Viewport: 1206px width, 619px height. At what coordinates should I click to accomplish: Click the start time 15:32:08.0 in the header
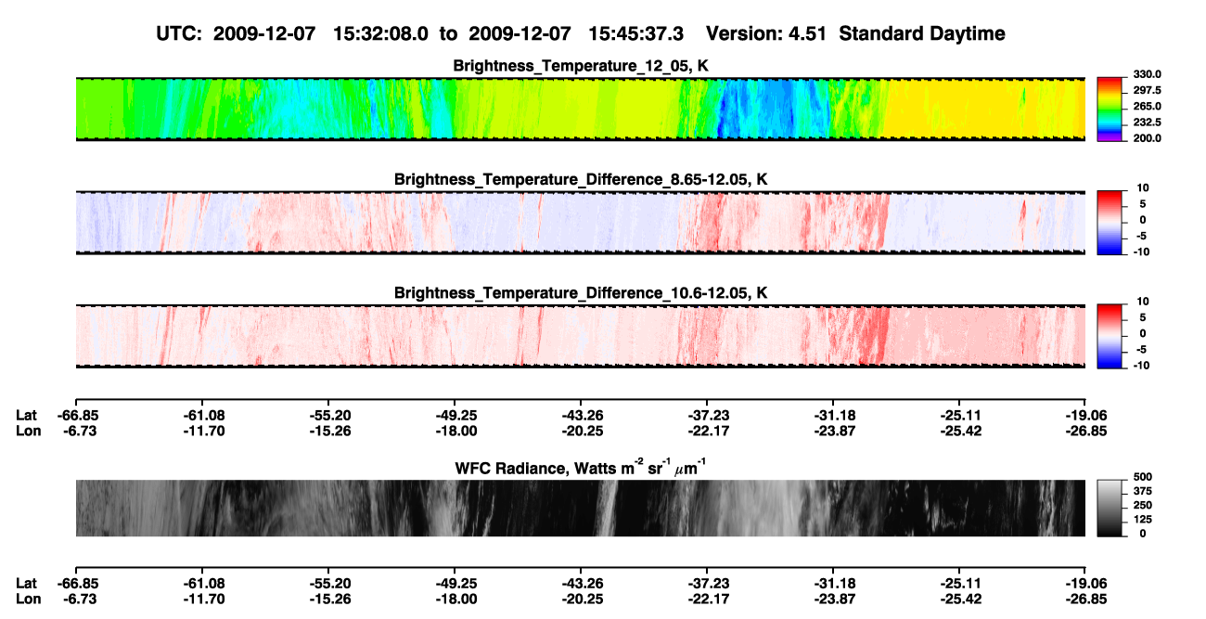(x=380, y=33)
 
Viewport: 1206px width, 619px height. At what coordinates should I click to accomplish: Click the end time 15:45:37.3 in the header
(x=635, y=33)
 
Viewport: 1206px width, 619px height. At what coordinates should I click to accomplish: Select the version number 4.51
(x=807, y=33)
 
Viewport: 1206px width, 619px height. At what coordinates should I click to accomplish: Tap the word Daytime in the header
(x=968, y=34)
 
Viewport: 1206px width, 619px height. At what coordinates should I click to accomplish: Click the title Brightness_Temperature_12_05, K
(x=581, y=66)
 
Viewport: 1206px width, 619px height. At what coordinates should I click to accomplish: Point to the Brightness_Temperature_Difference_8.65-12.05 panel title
(x=581, y=179)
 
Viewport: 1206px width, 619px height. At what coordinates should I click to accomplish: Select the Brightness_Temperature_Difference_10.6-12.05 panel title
(x=581, y=293)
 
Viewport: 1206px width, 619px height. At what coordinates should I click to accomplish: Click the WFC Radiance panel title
(x=581, y=468)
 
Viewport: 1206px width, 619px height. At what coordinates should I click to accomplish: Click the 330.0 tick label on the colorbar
(x=1147, y=74)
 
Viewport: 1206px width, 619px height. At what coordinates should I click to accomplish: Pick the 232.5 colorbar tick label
(x=1147, y=123)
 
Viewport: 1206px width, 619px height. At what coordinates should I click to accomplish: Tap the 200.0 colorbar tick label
(x=1147, y=138)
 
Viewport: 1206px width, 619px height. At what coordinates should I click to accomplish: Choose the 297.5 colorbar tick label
(x=1147, y=91)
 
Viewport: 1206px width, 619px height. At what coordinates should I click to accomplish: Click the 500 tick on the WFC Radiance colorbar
(x=1143, y=477)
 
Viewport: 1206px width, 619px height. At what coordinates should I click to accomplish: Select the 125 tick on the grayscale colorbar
(x=1143, y=520)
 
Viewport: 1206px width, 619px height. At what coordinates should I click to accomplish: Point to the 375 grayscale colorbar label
(x=1143, y=491)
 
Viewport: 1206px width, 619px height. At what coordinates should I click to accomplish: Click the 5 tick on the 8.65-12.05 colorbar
(x=1143, y=204)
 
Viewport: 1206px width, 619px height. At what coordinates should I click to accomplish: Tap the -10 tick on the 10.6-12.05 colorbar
(x=1141, y=366)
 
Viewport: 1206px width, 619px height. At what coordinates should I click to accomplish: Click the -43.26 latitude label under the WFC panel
(x=582, y=584)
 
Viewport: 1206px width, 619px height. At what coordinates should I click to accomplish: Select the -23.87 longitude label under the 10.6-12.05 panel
(x=835, y=431)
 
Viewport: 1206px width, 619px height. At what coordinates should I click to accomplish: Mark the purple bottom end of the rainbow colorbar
(x=1110, y=138)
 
